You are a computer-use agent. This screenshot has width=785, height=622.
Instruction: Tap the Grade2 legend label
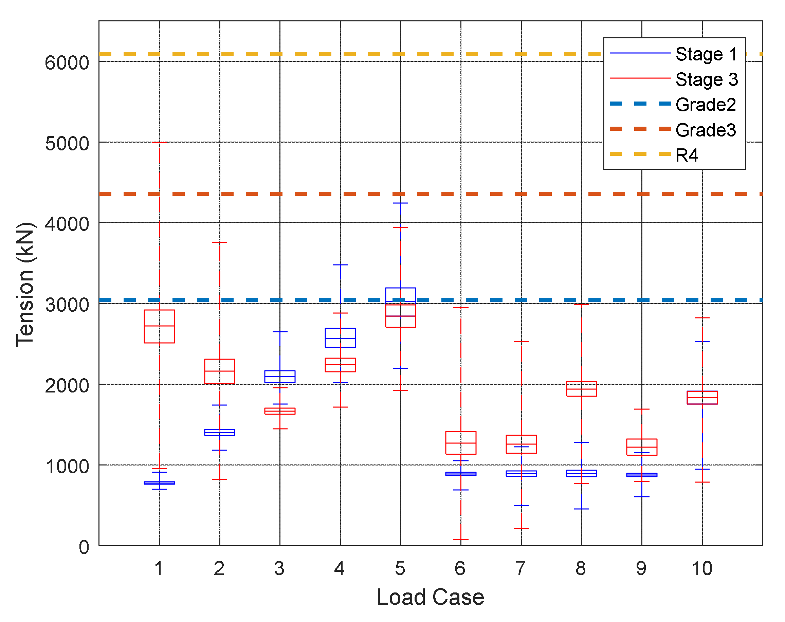pos(705,105)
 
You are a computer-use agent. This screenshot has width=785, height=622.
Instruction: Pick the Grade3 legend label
pos(705,130)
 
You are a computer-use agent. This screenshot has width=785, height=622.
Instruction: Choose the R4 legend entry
pos(686,155)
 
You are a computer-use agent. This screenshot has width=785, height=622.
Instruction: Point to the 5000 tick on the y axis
pos(67,144)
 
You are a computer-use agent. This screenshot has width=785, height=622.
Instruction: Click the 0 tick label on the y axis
pos(84,547)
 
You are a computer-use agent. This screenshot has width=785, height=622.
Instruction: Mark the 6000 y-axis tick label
pos(67,63)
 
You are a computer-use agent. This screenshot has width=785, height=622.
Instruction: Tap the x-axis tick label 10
pos(701,568)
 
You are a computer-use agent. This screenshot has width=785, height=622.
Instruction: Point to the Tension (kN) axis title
pos(25,285)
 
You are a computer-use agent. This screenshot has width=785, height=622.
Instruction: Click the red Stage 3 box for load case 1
pos(160,326)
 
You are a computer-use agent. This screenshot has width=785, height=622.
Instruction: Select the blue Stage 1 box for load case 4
pos(340,337)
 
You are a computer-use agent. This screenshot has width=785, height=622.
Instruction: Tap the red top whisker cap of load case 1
pos(160,142)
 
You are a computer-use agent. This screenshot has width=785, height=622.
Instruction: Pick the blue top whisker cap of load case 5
pos(401,203)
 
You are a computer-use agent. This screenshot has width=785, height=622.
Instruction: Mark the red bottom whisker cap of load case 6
pos(461,539)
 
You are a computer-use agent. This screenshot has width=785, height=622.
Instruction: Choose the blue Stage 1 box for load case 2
pos(220,432)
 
